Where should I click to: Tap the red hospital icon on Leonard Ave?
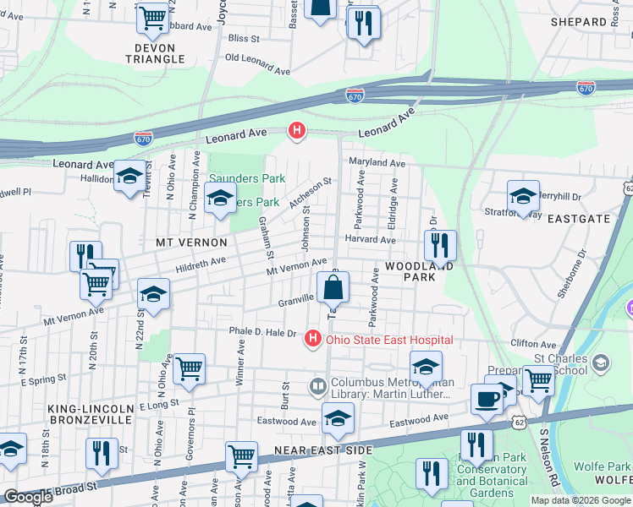point(296,130)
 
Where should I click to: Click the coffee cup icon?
point(487,398)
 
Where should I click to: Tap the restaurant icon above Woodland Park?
point(440,245)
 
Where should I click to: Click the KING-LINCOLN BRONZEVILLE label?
point(90,413)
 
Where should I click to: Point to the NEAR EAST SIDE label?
point(311,451)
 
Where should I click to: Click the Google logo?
point(28,497)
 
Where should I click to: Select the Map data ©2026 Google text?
point(581,500)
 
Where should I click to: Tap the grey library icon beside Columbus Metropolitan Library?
point(318,386)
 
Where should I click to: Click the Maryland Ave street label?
point(375,162)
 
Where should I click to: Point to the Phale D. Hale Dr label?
point(261,332)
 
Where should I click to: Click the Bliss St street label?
point(244,38)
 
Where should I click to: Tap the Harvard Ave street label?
point(370,240)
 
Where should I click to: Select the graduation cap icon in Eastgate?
point(523,196)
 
